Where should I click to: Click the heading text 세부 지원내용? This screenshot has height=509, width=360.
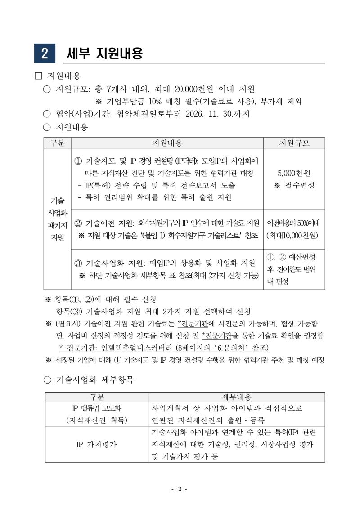[104, 53]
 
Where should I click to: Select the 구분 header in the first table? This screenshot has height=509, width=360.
[57, 143]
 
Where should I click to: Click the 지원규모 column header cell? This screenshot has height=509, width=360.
[294, 143]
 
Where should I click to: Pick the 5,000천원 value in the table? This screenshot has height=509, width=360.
[294, 173]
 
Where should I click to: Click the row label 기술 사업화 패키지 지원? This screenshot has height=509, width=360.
[57, 219]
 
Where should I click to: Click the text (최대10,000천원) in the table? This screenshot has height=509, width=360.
[294, 235]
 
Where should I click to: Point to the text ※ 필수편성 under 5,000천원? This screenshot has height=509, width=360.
[294, 185]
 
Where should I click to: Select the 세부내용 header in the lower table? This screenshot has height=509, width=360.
[237, 397]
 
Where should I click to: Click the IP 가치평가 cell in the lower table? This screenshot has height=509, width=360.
[96, 444]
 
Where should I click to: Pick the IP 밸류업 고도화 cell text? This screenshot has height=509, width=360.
[96, 408]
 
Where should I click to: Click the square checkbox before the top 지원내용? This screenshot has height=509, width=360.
[38, 76]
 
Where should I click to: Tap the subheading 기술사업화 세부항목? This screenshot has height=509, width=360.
[94, 380]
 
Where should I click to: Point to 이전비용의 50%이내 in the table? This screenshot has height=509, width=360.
[294, 223]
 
